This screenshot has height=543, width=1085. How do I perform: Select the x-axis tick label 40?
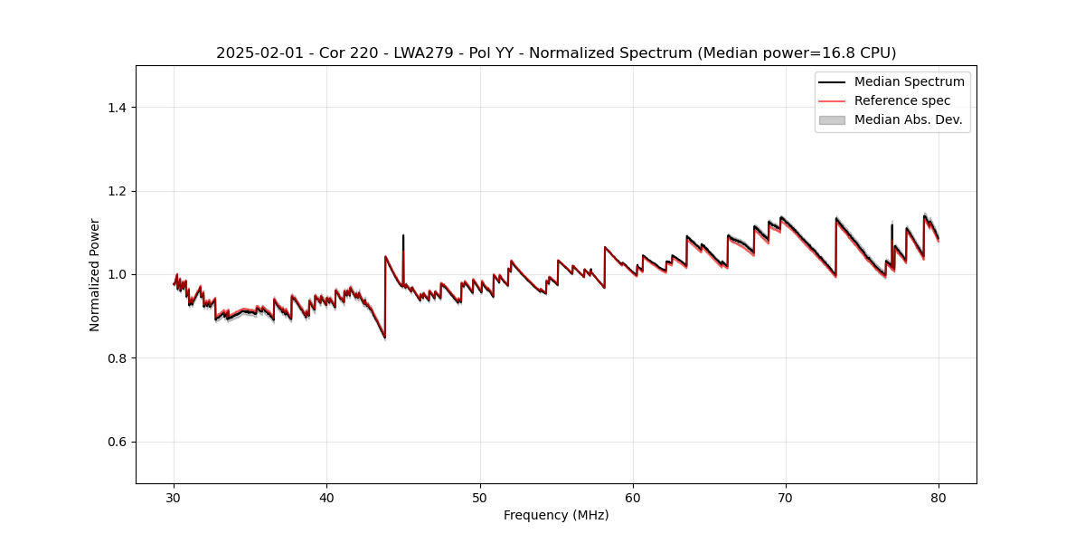click(x=327, y=497)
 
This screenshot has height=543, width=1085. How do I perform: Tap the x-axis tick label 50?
click(x=480, y=497)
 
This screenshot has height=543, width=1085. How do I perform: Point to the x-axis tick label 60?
click(x=633, y=497)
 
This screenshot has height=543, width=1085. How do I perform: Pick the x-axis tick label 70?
click(x=786, y=497)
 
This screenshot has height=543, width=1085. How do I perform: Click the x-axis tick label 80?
click(x=939, y=497)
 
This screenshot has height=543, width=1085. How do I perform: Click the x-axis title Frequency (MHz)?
click(x=556, y=515)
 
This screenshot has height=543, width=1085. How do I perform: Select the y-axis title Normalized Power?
click(x=94, y=274)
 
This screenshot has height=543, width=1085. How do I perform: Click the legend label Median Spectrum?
click(x=909, y=81)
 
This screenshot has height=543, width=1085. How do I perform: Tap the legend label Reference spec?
click(x=902, y=100)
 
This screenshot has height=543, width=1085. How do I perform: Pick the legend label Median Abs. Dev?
click(x=908, y=119)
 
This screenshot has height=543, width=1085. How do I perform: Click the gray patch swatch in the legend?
click(x=832, y=119)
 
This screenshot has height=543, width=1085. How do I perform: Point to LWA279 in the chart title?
click(x=425, y=53)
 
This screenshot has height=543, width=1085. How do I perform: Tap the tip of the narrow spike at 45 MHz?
click(x=403, y=236)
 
